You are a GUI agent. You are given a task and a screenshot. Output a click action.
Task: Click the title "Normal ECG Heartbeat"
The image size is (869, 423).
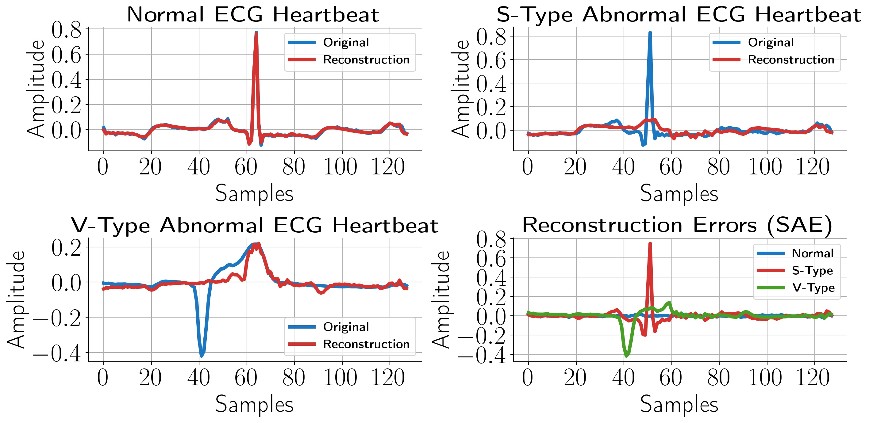(253, 15)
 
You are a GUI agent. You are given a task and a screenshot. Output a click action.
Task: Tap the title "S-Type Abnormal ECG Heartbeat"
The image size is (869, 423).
(679, 15)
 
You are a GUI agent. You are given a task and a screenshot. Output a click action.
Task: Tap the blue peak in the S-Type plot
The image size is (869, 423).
(650, 33)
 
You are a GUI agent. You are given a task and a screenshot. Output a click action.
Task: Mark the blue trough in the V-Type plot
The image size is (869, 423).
(202, 355)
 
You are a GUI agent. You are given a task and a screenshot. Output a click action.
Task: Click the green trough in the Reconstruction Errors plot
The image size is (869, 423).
(626, 355)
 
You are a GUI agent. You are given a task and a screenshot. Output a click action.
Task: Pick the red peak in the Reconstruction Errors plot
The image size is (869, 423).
(650, 243)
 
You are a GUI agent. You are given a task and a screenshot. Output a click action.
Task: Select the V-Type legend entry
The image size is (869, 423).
(813, 288)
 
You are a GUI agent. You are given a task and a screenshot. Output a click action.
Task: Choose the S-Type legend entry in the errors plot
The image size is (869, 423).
(812, 270)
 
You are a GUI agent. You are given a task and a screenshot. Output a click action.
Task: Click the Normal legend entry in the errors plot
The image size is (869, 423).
(812, 253)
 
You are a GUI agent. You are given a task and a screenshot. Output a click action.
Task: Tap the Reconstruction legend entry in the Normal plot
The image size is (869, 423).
(366, 60)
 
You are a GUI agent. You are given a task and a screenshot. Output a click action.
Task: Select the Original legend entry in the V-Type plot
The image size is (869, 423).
(346, 327)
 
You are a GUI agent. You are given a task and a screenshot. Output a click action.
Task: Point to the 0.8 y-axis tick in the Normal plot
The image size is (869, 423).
(67, 30)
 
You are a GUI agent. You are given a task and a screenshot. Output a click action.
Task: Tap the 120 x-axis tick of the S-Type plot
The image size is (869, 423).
(813, 167)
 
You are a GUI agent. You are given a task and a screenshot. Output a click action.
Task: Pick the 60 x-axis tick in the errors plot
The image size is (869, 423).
(671, 378)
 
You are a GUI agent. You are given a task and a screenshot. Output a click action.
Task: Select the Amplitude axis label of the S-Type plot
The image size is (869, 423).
(460, 88)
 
